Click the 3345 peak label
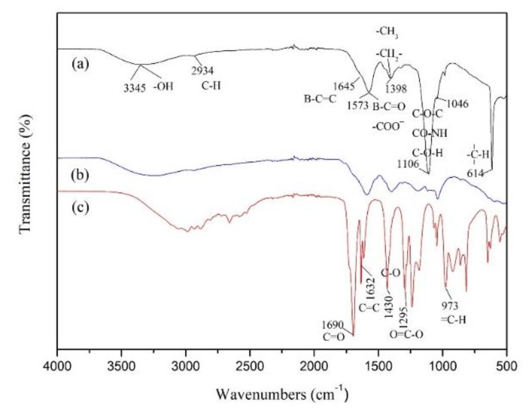pos(134,88)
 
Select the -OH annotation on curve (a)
pos(163,86)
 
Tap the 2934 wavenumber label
pos(202,71)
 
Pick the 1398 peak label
pos(396,89)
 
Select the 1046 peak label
pos(457,104)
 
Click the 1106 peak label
pos(408,164)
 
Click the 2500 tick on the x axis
pos(250,366)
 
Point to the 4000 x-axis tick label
pos(57,366)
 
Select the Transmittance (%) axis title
pos(26,174)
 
